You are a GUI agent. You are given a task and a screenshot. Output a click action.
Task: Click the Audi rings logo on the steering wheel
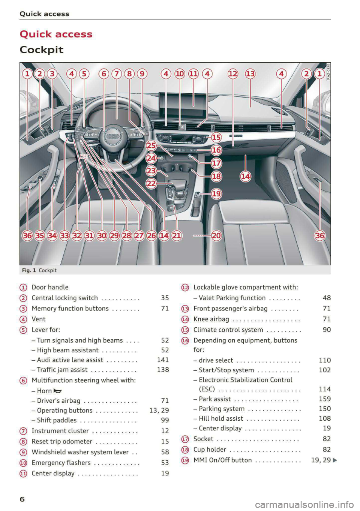tap(113, 136)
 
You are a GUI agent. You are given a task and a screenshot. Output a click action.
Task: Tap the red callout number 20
tap(216, 235)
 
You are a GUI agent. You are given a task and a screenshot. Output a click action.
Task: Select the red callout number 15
tap(216, 137)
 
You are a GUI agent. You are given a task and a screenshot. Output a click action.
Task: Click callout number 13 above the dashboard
tap(250, 74)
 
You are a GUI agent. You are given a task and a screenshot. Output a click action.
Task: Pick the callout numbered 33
tap(64, 235)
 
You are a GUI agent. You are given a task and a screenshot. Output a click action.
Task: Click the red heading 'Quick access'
tap(56, 34)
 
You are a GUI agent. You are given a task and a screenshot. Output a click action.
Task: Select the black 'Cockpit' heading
tap(42, 50)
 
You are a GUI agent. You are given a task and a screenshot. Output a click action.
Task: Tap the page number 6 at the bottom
tap(22, 499)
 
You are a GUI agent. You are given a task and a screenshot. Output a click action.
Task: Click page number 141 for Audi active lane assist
tap(163, 360)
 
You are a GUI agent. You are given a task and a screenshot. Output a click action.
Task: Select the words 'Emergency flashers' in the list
tap(61, 462)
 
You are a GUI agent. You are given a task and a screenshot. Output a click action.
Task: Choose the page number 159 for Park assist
tap(325, 399)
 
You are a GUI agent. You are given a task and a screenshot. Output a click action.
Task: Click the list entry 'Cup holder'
tap(210, 449)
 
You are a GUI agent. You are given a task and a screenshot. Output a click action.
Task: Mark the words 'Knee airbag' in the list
tap(211, 319)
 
